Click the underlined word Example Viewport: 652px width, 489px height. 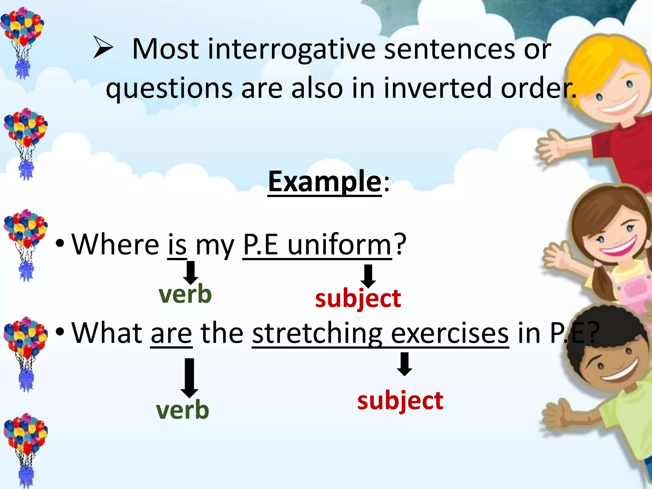click(324, 182)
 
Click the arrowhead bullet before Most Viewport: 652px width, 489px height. click(103, 47)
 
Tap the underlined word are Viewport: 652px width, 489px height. click(171, 333)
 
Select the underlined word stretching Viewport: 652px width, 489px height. click(317, 333)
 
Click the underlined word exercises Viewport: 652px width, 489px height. click(450, 333)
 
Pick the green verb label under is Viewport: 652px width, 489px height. click(185, 294)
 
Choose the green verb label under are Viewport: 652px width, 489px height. click(182, 410)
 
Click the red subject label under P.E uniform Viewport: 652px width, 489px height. click(358, 299)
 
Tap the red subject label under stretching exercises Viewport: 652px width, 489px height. click(400, 401)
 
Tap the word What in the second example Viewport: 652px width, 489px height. click(107, 333)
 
